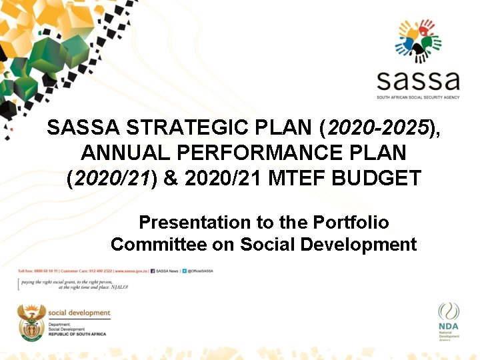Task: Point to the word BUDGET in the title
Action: [387, 178]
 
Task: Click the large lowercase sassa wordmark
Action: [418, 80]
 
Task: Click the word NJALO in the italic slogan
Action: [119, 287]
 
